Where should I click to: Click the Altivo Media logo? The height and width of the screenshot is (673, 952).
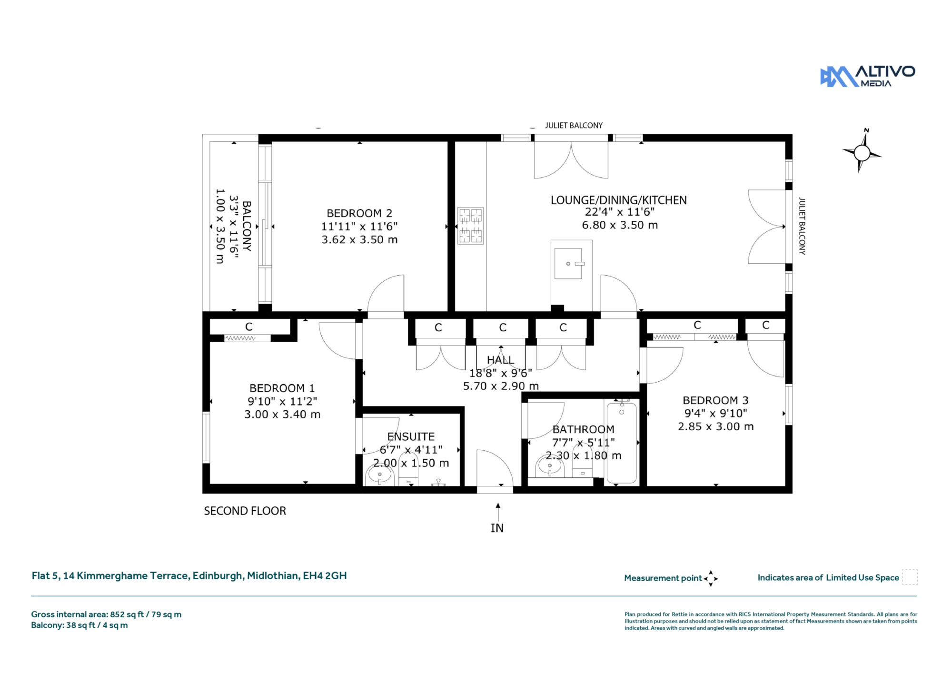(867, 76)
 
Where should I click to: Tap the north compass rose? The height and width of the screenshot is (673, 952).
(862, 152)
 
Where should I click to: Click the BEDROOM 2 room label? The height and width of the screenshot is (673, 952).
(359, 213)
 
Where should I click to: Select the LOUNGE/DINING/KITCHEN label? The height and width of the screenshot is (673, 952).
(619, 200)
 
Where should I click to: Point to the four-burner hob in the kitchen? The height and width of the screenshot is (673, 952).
(470, 226)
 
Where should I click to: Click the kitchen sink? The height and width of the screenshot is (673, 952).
(568, 264)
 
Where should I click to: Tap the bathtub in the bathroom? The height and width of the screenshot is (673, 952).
(622, 443)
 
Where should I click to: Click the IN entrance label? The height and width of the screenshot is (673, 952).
(497, 528)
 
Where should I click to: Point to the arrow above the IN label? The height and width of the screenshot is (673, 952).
(498, 512)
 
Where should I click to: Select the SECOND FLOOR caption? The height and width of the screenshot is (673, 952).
(245, 511)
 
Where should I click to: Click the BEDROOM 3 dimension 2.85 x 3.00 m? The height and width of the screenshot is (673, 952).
(716, 427)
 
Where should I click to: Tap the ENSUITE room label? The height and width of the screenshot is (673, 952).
(411, 437)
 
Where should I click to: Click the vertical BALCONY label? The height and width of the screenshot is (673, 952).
(247, 226)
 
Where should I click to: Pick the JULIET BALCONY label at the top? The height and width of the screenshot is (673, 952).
(574, 126)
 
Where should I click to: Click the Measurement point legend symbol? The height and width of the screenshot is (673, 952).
(711, 579)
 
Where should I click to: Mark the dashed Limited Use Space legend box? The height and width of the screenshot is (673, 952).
(910, 577)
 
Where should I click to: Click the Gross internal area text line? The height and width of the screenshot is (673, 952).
(106, 614)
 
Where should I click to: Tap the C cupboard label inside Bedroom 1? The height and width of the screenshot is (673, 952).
(248, 327)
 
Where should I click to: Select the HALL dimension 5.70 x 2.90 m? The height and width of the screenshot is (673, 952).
(501, 386)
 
